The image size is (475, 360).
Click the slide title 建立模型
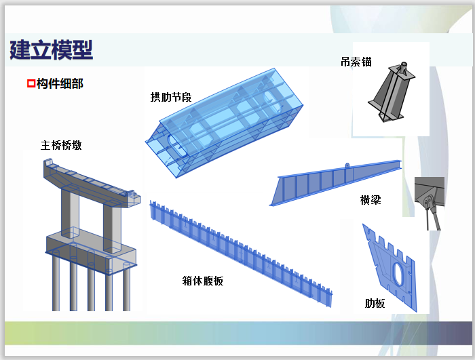(52, 49)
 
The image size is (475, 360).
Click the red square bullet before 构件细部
(30, 84)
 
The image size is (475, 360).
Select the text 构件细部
(60, 84)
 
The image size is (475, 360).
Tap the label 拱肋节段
(171, 97)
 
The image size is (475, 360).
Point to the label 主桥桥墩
(61, 144)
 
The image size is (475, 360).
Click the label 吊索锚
(356, 62)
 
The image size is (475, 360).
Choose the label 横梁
(370, 200)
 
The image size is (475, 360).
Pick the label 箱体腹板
(203, 280)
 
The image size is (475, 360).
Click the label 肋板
(375, 303)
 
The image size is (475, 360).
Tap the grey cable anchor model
(391, 92)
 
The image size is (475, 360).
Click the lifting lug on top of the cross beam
(347, 166)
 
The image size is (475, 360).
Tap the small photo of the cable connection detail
(430, 202)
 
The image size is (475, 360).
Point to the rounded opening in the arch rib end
(171, 144)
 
